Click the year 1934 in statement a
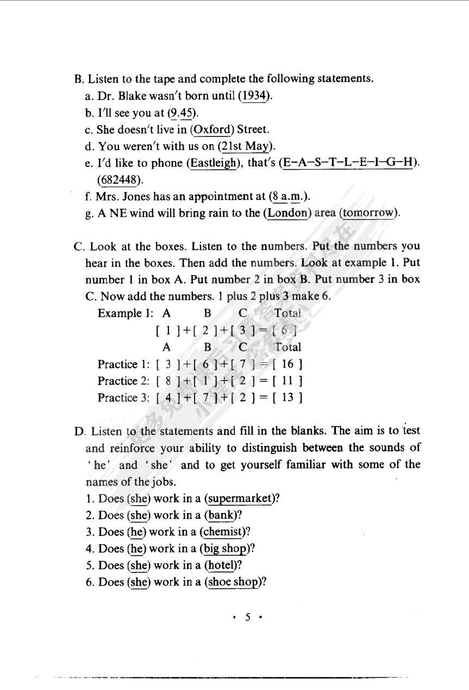tap(254, 96)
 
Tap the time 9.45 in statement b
tap(182, 113)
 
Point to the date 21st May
tap(246, 146)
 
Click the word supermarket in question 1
tap(240, 499)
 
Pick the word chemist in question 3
tap(225, 532)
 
